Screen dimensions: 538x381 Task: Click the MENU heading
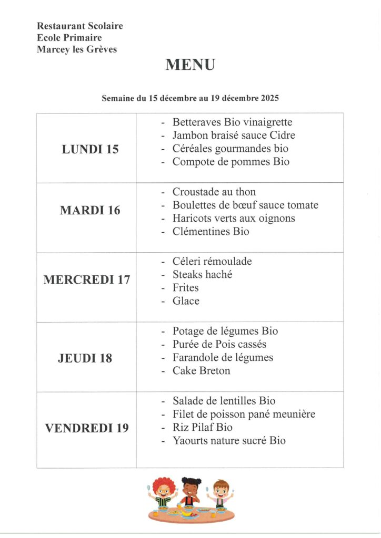[x=190, y=65]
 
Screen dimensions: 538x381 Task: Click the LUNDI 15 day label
[x=90, y=149]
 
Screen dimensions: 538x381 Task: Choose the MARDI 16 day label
[x=90, y=211]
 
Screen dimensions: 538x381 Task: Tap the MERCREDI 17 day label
[x=87, y=280]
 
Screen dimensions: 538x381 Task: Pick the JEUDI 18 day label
[x=85, y=359]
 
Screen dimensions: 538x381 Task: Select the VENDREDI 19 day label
[x=87, y=428]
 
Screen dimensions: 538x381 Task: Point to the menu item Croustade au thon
[x=214, y=192]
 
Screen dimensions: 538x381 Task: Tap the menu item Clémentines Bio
[x=210, y=232]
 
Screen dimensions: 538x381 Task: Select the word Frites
[x=185, y=288]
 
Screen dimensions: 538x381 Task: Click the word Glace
[x=186, y=301]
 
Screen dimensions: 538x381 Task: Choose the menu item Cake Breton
[x=201, y=371]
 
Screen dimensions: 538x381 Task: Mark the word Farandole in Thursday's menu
[x=195, y=358]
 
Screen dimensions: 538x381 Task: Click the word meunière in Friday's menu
[x=294, y=415]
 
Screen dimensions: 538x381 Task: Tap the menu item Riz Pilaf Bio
[x=202, y=428]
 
